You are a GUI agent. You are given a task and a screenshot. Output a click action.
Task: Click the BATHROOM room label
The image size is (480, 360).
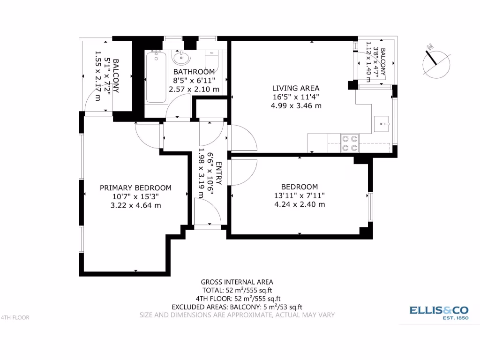point(194,72)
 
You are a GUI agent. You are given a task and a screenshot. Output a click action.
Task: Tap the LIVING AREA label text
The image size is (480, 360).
point(296,88)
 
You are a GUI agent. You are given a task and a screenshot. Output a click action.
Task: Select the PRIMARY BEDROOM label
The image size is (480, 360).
point(135,188)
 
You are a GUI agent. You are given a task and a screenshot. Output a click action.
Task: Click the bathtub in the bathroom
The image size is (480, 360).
point(156,78)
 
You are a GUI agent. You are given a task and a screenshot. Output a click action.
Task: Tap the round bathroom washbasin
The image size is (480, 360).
point(181,58)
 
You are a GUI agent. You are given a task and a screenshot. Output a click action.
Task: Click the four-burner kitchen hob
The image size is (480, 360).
point(349,143)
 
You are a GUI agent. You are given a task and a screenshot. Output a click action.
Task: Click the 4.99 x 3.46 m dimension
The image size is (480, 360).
point(296,105)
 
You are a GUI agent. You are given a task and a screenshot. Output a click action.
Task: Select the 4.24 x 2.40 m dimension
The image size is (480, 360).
point(300,204)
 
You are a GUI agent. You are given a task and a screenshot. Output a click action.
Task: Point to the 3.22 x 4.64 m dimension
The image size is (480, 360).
point(135,205)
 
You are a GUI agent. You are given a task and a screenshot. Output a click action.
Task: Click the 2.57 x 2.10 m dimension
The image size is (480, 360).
point(194,89)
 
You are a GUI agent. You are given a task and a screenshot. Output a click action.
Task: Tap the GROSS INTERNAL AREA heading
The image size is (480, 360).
point(237,282)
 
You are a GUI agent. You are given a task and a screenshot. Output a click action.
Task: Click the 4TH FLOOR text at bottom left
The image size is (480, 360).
point(15,317)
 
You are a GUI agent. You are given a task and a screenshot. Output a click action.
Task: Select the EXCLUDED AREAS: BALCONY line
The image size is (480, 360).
point(237,307)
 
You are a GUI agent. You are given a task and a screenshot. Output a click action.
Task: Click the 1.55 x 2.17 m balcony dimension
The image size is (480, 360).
point(97,76)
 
